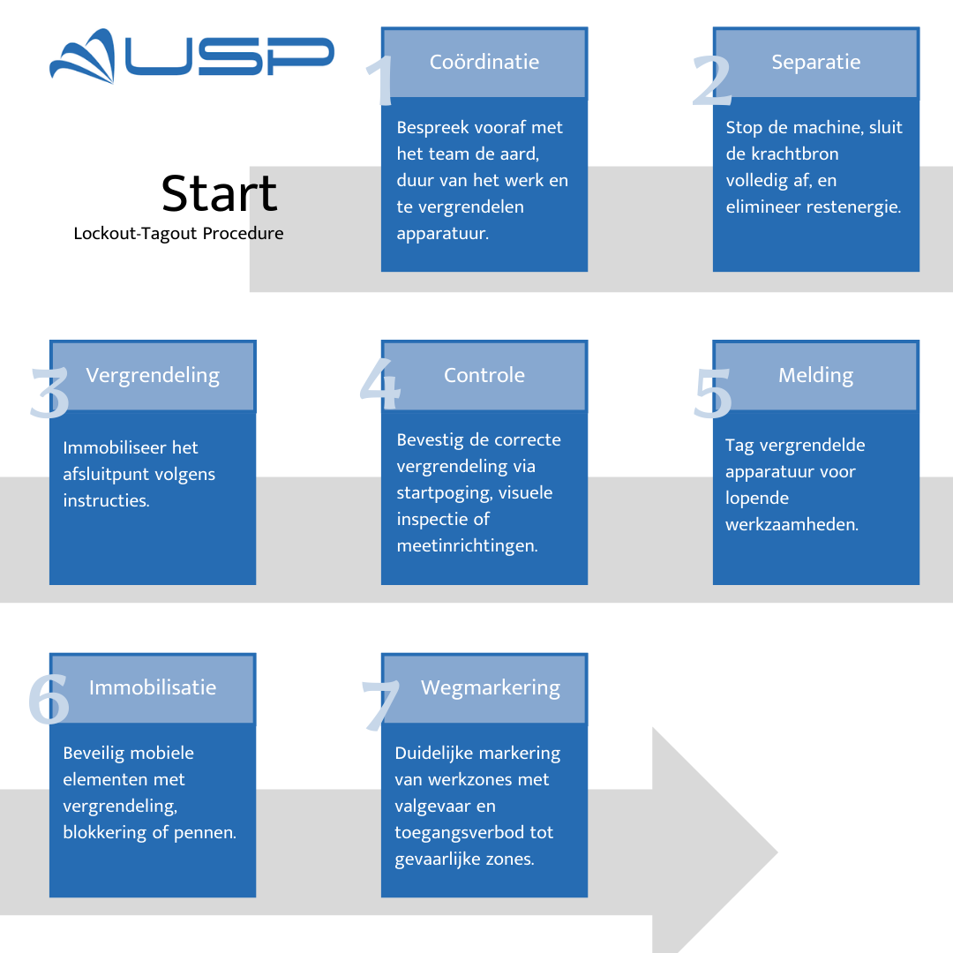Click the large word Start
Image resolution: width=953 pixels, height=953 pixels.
click(x=220, y=193)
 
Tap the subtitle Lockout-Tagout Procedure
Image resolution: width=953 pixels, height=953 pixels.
click(x=178, y=234)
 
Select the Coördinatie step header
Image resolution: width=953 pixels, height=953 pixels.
click(x=484, y=63)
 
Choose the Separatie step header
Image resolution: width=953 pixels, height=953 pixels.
click(x=816, y=63)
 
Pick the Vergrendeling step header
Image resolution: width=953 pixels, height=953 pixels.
click(x=153, y=375)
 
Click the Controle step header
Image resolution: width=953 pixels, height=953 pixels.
click(x=484, y=375)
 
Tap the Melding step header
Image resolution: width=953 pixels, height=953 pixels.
click(x=816, y=375)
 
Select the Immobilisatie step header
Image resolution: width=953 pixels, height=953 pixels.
click(x=153, y=687)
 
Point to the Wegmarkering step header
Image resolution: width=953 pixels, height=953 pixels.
click(x=491, y=687)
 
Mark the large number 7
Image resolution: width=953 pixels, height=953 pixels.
click(x=381, y=706)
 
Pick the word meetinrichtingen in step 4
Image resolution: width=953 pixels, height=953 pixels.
click(x=467, y=545)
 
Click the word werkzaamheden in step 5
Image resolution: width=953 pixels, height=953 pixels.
click(x=792, y=524)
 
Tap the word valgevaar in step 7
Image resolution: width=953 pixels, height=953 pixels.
click(x=431, y=806)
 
